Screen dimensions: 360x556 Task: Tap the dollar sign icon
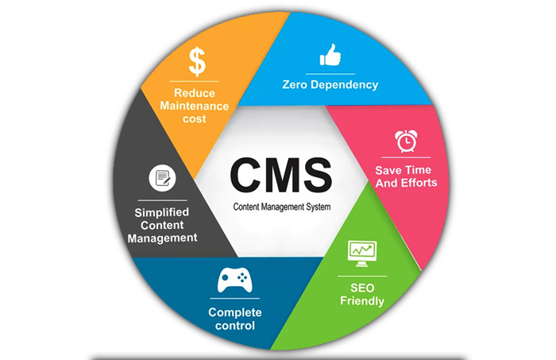[198, 61]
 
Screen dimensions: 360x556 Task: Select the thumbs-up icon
[330, 55]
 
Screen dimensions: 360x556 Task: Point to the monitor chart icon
[361, 251]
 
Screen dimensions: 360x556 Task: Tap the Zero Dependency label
[330, 84]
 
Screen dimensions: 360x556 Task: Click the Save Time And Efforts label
[406, 176]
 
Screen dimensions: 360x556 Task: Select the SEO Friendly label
[362, 293]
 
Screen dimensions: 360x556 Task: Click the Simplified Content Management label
[162, 225]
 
